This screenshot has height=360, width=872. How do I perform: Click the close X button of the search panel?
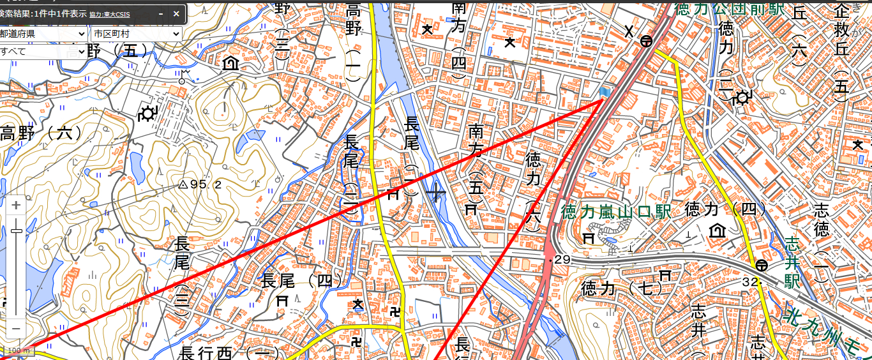click(176, 13)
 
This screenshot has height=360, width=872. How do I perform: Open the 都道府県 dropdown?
click(43, 34)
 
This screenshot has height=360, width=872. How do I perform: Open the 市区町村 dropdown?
click(136, 34)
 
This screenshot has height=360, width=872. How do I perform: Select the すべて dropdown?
click(43, 51)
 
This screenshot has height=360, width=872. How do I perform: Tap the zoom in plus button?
click(16, 206)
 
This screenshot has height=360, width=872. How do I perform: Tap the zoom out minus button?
click(16, 328)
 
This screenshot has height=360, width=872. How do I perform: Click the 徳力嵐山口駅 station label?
click(616, 211)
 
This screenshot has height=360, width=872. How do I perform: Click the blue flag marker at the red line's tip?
click(605, 93)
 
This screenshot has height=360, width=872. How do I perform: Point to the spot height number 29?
click(562, 259)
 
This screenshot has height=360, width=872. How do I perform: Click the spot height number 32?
click(749, 281)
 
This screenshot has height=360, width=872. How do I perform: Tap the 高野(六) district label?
click(41, 133)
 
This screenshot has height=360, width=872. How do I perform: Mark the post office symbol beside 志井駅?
click(761, 265)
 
